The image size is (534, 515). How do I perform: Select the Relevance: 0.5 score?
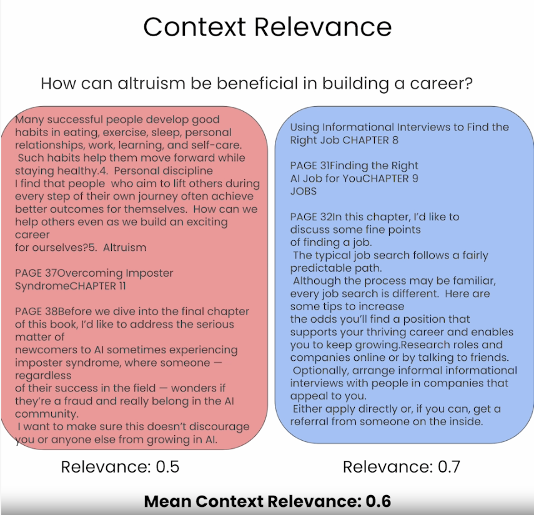tap(120, 466)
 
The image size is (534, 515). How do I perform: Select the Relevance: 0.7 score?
tap(402, 466)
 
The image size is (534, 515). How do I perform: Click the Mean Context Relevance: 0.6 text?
tap(267, 501)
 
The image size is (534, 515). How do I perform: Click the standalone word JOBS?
tap(304, 191)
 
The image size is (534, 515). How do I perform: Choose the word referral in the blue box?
tap(314, 421)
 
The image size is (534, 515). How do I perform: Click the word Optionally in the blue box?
tap(322, 370)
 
